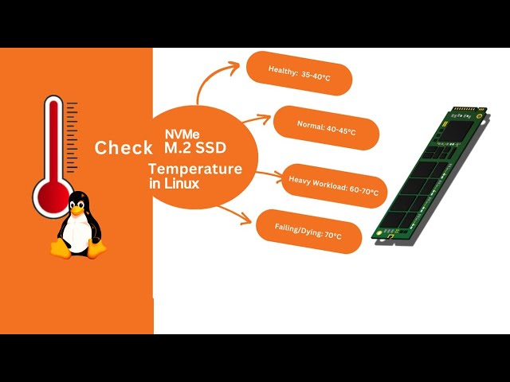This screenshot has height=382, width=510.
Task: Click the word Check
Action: tap(124, 148)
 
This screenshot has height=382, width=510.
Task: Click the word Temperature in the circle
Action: tap(195, 169)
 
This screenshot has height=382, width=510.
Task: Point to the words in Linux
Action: tap(174, 184)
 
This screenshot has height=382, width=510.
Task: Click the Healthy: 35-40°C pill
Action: tap(300, 72)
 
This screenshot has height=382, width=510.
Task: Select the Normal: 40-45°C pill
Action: tap(324, 127)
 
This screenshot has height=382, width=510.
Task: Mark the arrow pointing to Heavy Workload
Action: tap(267, 173)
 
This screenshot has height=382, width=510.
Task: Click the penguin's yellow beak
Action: tap(77, 210)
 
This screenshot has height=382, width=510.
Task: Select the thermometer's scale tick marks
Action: tap(72, 135)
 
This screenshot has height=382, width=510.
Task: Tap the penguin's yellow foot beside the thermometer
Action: tap(61, 248)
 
